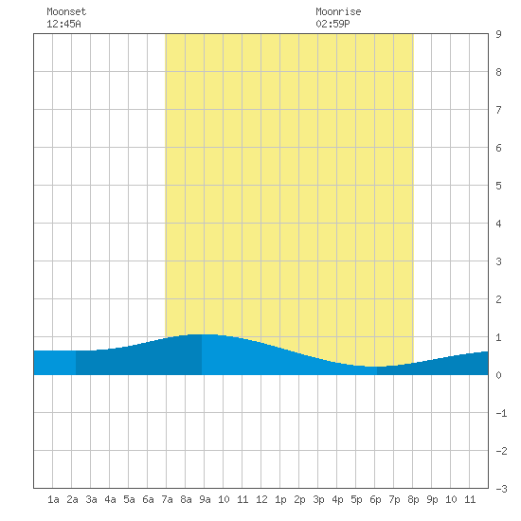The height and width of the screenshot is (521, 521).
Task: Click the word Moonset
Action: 66,11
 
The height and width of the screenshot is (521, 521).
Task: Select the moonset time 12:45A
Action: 63,24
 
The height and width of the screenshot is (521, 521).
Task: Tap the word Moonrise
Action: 338,11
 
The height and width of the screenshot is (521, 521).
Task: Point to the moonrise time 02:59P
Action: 332,24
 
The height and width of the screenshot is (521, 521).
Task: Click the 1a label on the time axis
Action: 53,499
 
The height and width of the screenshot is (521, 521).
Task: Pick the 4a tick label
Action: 110,499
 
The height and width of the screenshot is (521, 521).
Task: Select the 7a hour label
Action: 167,499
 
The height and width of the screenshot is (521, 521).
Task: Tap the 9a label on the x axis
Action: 205,499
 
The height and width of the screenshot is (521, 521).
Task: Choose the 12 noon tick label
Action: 261,499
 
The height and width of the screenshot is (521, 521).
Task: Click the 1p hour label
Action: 280,499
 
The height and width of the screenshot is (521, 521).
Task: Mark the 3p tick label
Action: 318,499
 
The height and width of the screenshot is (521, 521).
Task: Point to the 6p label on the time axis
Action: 375,499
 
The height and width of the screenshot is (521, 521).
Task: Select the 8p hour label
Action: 413,499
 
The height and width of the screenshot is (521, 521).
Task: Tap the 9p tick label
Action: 432,499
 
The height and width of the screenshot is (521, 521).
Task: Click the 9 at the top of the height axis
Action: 498,34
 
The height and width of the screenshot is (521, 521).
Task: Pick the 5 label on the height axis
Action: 498,186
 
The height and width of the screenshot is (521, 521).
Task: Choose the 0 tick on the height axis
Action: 498,375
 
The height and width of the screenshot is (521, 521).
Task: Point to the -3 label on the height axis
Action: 501,489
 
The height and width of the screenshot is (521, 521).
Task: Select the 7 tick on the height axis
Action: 498,110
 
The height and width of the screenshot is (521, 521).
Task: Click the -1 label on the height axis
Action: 501,413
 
